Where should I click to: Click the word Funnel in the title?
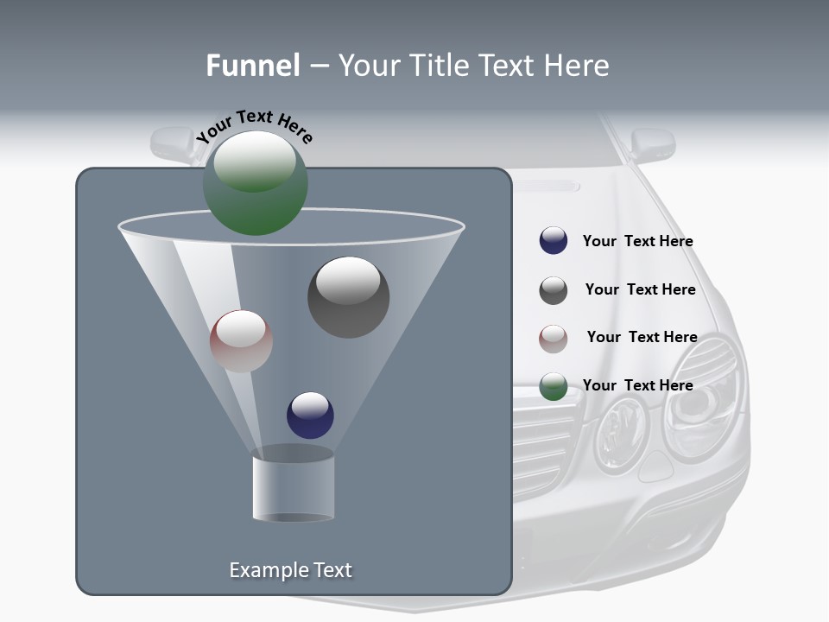(x=252, y=66)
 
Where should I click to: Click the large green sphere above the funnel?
(x=255, y=182)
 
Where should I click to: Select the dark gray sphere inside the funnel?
(x=348, y=297)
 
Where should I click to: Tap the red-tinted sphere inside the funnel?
(x=241, y=341)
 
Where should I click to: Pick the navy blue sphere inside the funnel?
(x=310, y=415)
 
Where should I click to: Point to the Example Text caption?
(x=290, y=570)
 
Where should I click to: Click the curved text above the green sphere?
(x=254, y=126)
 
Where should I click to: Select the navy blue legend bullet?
(x=553, y=241)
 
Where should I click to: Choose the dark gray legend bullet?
(x=553, y=290)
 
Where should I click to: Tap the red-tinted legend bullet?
(x=553, y=338)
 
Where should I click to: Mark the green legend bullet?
(x=553, y=386)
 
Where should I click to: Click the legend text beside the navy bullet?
(x=637, y=242)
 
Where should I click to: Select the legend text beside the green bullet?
(x=637, y=385)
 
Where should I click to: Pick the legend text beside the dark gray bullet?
(x=640, y=289)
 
